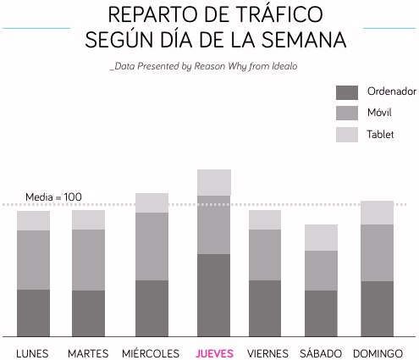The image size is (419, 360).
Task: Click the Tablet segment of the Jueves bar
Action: [x=214, y=182]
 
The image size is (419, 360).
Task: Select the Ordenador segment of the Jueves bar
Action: [x=214, y=295]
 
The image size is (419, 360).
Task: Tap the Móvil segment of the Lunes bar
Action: [x=34, y=260]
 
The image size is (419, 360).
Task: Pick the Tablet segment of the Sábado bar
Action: [x=321, y=237]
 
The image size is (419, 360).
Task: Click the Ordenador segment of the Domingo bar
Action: [x=377, y=308]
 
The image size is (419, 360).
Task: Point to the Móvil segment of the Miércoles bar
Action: [x=152, y=246]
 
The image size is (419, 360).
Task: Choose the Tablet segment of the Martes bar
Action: [x=89, y=219]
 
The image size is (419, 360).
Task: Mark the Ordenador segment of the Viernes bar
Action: [x=264, y=308]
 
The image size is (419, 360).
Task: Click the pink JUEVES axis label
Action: [x=214, y=352]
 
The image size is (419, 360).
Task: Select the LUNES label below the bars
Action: [x=33, y=352]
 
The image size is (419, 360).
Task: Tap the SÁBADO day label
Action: [x=321, y=352]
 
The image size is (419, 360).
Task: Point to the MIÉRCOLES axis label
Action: [x=151, y=352]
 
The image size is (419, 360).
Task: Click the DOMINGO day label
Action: [x=377, y=352]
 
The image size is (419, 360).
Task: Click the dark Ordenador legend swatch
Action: [x=348, y=92]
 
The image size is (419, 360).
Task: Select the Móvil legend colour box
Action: [x=348, y=114]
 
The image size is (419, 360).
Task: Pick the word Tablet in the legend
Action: [x=381, y=135]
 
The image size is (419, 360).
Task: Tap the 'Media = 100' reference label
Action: [x=53, y=197]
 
